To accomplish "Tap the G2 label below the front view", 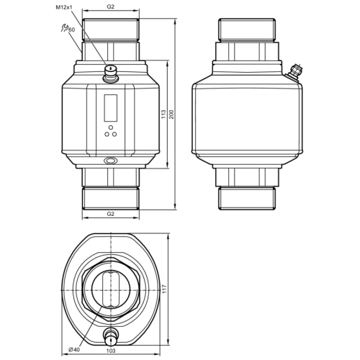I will (110, 214).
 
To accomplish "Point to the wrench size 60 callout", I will (73, 30).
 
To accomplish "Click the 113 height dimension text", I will (163, 114).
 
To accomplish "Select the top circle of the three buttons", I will (110, 125).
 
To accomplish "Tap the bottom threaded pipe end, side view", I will (246, 196).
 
